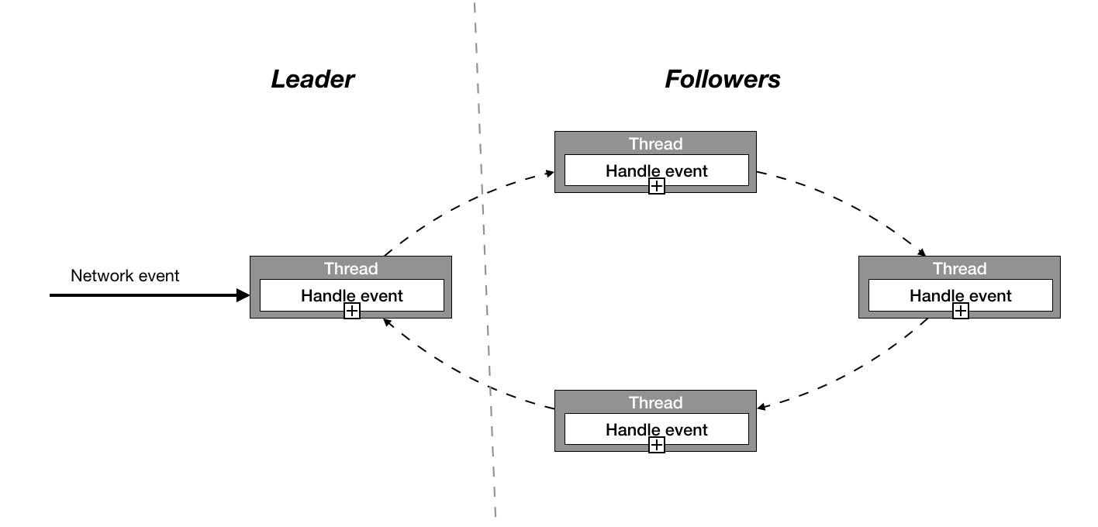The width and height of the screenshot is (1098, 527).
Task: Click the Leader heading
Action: (312, 79)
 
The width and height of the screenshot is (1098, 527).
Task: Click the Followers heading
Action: (722, 79)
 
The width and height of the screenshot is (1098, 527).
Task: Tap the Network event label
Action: (125, 276)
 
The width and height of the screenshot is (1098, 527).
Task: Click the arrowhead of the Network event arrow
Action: (243, 295)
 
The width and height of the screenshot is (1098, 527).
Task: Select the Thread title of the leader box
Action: (350, 268)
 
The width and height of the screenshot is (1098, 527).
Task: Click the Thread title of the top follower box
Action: (655, 143)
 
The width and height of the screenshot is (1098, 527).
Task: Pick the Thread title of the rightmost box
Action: (959, 268)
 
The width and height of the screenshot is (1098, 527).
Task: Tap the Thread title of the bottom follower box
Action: (655, 402)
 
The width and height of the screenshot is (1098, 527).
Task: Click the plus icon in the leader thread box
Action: (352, 311)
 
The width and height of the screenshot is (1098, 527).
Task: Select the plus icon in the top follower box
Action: (656, 186)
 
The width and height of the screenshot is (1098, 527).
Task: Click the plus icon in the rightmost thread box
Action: (961, 311)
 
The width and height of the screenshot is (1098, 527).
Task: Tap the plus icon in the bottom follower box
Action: (656, 445)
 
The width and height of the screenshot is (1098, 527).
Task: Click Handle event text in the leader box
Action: (352, 295)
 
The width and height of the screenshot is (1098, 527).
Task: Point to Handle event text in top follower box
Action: (656, 170)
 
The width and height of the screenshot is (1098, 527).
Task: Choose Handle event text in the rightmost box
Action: (960, 295)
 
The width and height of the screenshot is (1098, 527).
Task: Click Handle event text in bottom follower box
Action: (656, 429)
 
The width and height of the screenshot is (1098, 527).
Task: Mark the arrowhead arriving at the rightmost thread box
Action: (922, 253)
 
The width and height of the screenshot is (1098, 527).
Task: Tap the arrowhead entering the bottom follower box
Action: (762, 408)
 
